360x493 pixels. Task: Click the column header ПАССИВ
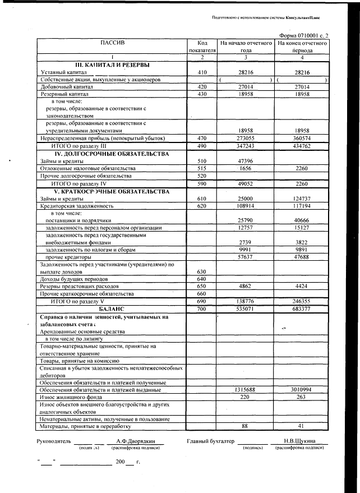pos(112,43)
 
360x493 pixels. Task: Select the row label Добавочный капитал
pos(62,87)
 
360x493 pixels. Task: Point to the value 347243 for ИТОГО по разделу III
pos(243,145)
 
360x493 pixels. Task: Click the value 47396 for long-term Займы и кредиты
pos(243,161)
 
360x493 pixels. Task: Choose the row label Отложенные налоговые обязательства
pos(87,168)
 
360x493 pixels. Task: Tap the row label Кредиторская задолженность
pos(73,206)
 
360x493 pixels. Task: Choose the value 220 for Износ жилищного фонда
pos(244,397)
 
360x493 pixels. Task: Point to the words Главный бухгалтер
pos(210,441)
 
